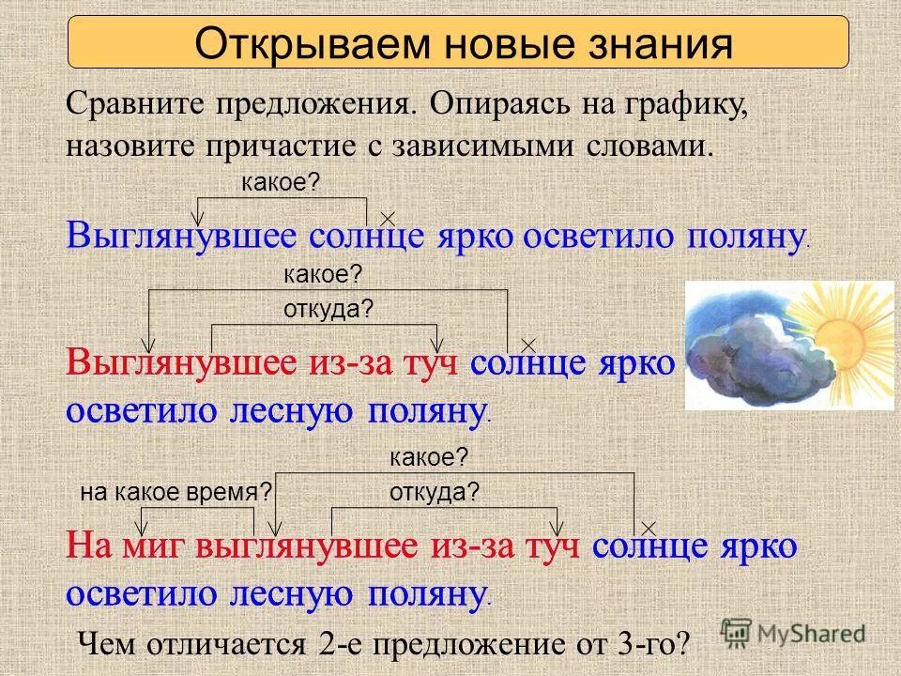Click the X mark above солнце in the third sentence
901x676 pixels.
(x=648, y=529)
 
